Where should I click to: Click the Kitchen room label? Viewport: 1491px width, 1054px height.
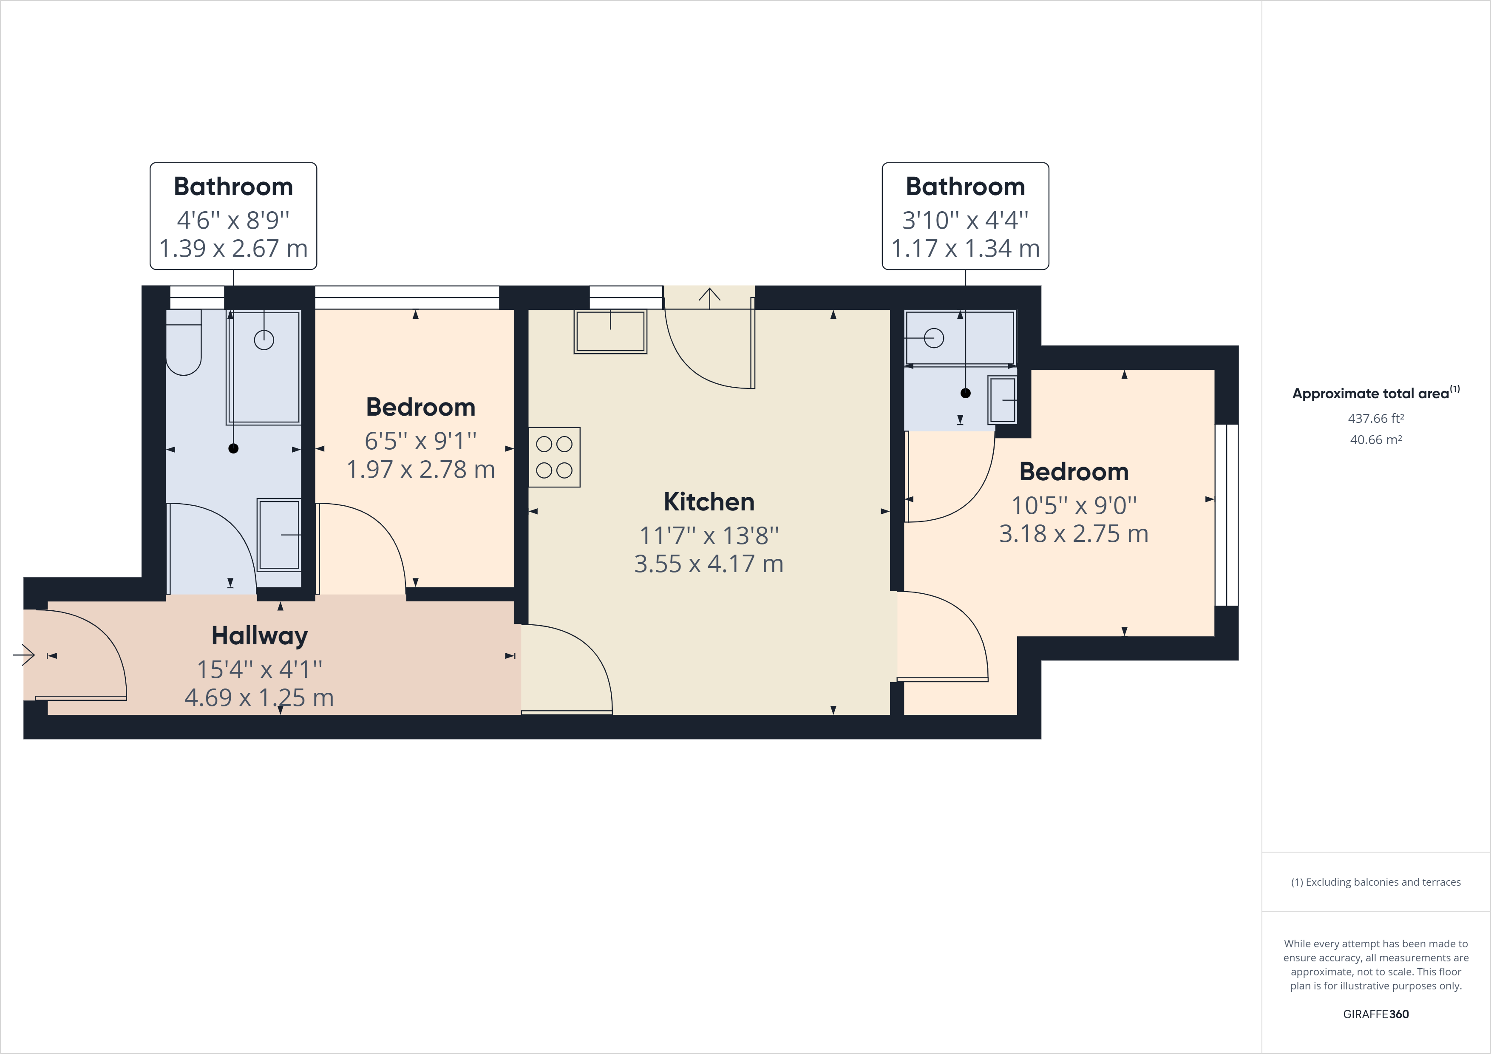point(709,502)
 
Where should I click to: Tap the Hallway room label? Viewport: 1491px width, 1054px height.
point(260,636)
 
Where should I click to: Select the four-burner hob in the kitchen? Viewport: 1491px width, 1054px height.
point(554,457)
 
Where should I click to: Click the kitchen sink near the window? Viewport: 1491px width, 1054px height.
point(610,332)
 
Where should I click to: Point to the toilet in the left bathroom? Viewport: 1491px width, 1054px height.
point(184,342)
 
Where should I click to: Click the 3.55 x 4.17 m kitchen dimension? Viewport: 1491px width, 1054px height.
point(709,564)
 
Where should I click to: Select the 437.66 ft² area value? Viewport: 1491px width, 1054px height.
point(1375,418)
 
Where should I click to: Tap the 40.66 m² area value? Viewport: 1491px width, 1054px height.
point(1375,439)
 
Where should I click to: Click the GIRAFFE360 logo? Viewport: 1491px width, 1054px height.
point(1375,1014)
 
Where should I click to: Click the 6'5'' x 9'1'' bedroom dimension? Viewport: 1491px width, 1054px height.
point(421,441)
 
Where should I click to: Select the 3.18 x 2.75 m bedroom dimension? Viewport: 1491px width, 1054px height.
point(1074,534)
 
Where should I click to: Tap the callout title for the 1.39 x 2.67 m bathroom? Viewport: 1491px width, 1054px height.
point(233,187)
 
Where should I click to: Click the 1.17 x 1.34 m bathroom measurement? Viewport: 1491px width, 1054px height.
point(965,248)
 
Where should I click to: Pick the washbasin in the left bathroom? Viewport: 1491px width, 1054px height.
point(279,535)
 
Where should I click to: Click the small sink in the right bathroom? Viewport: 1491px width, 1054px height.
point(1003,400)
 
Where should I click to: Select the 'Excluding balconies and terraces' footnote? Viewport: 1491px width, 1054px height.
point(1375,882)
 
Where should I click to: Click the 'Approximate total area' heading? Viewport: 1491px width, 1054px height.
point(1375,393)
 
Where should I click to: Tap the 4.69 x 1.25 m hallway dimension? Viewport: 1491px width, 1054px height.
point(259,697)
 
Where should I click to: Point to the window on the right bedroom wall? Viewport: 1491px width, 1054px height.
point(1227,515)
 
